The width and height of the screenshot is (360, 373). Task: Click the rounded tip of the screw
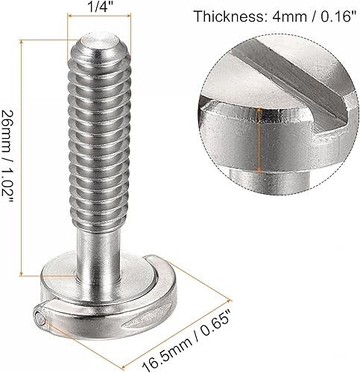tap(97, 42)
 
